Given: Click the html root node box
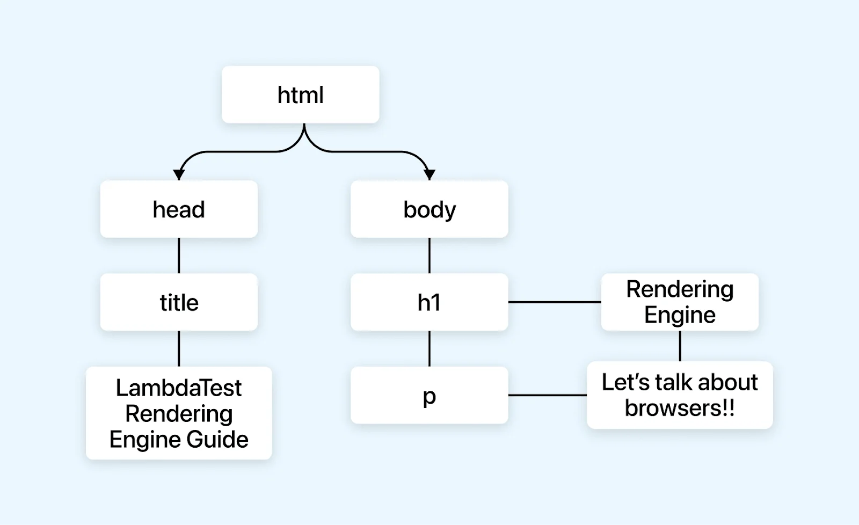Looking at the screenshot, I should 300,95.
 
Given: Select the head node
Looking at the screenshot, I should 179,209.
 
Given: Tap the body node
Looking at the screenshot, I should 429,209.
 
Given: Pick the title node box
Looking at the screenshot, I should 179,302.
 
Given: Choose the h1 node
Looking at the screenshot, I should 429,302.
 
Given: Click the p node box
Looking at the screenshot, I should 429,396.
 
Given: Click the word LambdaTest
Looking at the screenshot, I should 179,388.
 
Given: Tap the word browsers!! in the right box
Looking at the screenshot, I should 680,408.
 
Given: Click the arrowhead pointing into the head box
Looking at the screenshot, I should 179,174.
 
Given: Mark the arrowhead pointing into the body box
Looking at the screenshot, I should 429,174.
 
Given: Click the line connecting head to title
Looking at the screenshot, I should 179,256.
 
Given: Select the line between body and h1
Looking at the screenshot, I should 429,256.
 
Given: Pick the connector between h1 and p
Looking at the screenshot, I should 429,348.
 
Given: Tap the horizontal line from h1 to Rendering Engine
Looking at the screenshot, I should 554,302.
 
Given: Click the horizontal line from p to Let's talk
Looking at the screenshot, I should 547,396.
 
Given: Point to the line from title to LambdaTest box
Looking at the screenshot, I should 179,348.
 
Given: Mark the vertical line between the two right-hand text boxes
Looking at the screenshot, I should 680,346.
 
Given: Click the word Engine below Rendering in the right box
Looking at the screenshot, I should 680,315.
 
